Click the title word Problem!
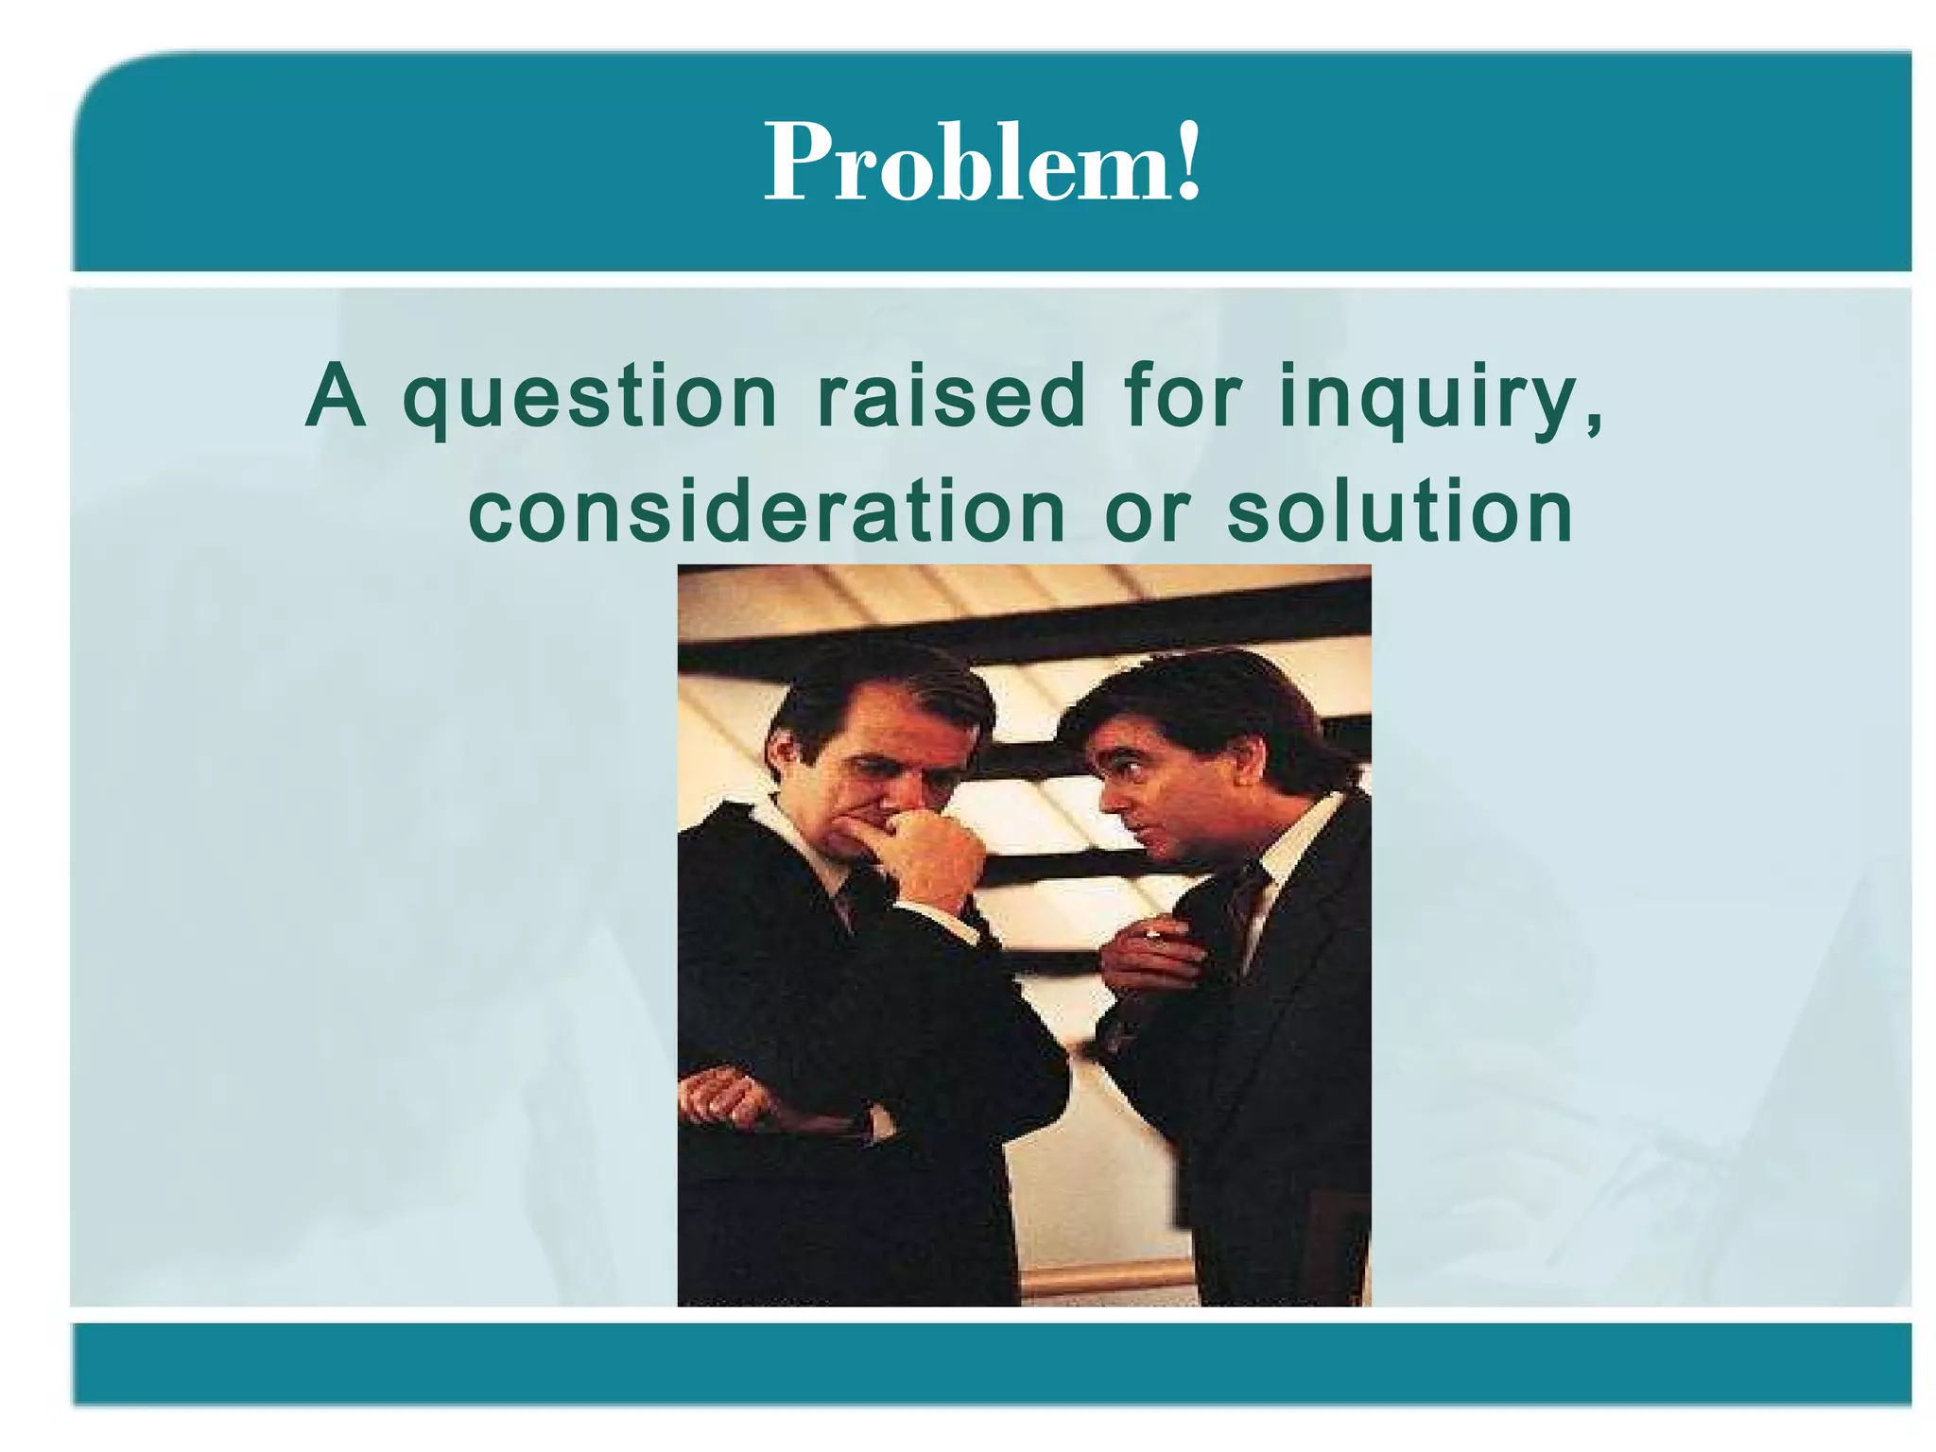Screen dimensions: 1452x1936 (983, 163)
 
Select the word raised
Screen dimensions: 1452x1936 (951, 397)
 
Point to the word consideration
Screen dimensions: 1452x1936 (768, 512)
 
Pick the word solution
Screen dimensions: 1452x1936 (1400, 512)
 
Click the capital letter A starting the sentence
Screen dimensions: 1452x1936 (336, 397)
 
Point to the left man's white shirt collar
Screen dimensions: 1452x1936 (804, 846)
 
